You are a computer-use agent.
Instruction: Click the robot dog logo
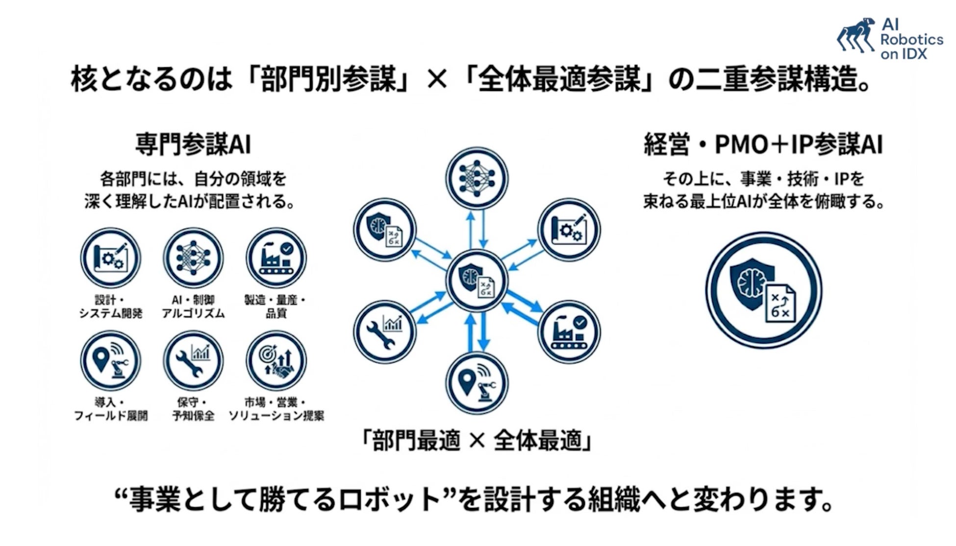[x=856, y=35]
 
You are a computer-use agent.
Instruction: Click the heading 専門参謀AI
[x=193, y=145]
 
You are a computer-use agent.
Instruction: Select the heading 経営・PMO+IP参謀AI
[x=763, y=145]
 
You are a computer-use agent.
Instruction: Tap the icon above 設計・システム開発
[x=110, y=258]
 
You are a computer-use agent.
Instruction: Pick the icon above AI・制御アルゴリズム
[x=193, y=258]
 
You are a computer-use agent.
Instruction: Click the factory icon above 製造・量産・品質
[x=276, y=258]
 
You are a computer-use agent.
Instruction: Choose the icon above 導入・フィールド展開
[x=110, y=361]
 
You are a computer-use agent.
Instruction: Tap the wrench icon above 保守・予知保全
[x=193, y=361]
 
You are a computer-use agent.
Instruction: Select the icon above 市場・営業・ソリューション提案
[x=276, y=361]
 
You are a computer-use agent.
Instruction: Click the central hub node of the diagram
[x=477, y=280]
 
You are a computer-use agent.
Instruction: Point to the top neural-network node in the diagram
[x=477, y=178]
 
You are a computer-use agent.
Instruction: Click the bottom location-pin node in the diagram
[x=477, y=383]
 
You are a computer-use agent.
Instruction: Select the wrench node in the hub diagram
[x=385, y=332]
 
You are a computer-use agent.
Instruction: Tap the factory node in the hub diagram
[x=569, y=332]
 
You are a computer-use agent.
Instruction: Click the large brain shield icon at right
[x=763, y=290]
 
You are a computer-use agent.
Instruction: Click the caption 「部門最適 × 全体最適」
[x=477, y=440]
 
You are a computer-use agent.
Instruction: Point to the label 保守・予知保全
[x=193, y=409]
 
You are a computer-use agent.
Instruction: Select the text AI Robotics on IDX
[x=911, y=39]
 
